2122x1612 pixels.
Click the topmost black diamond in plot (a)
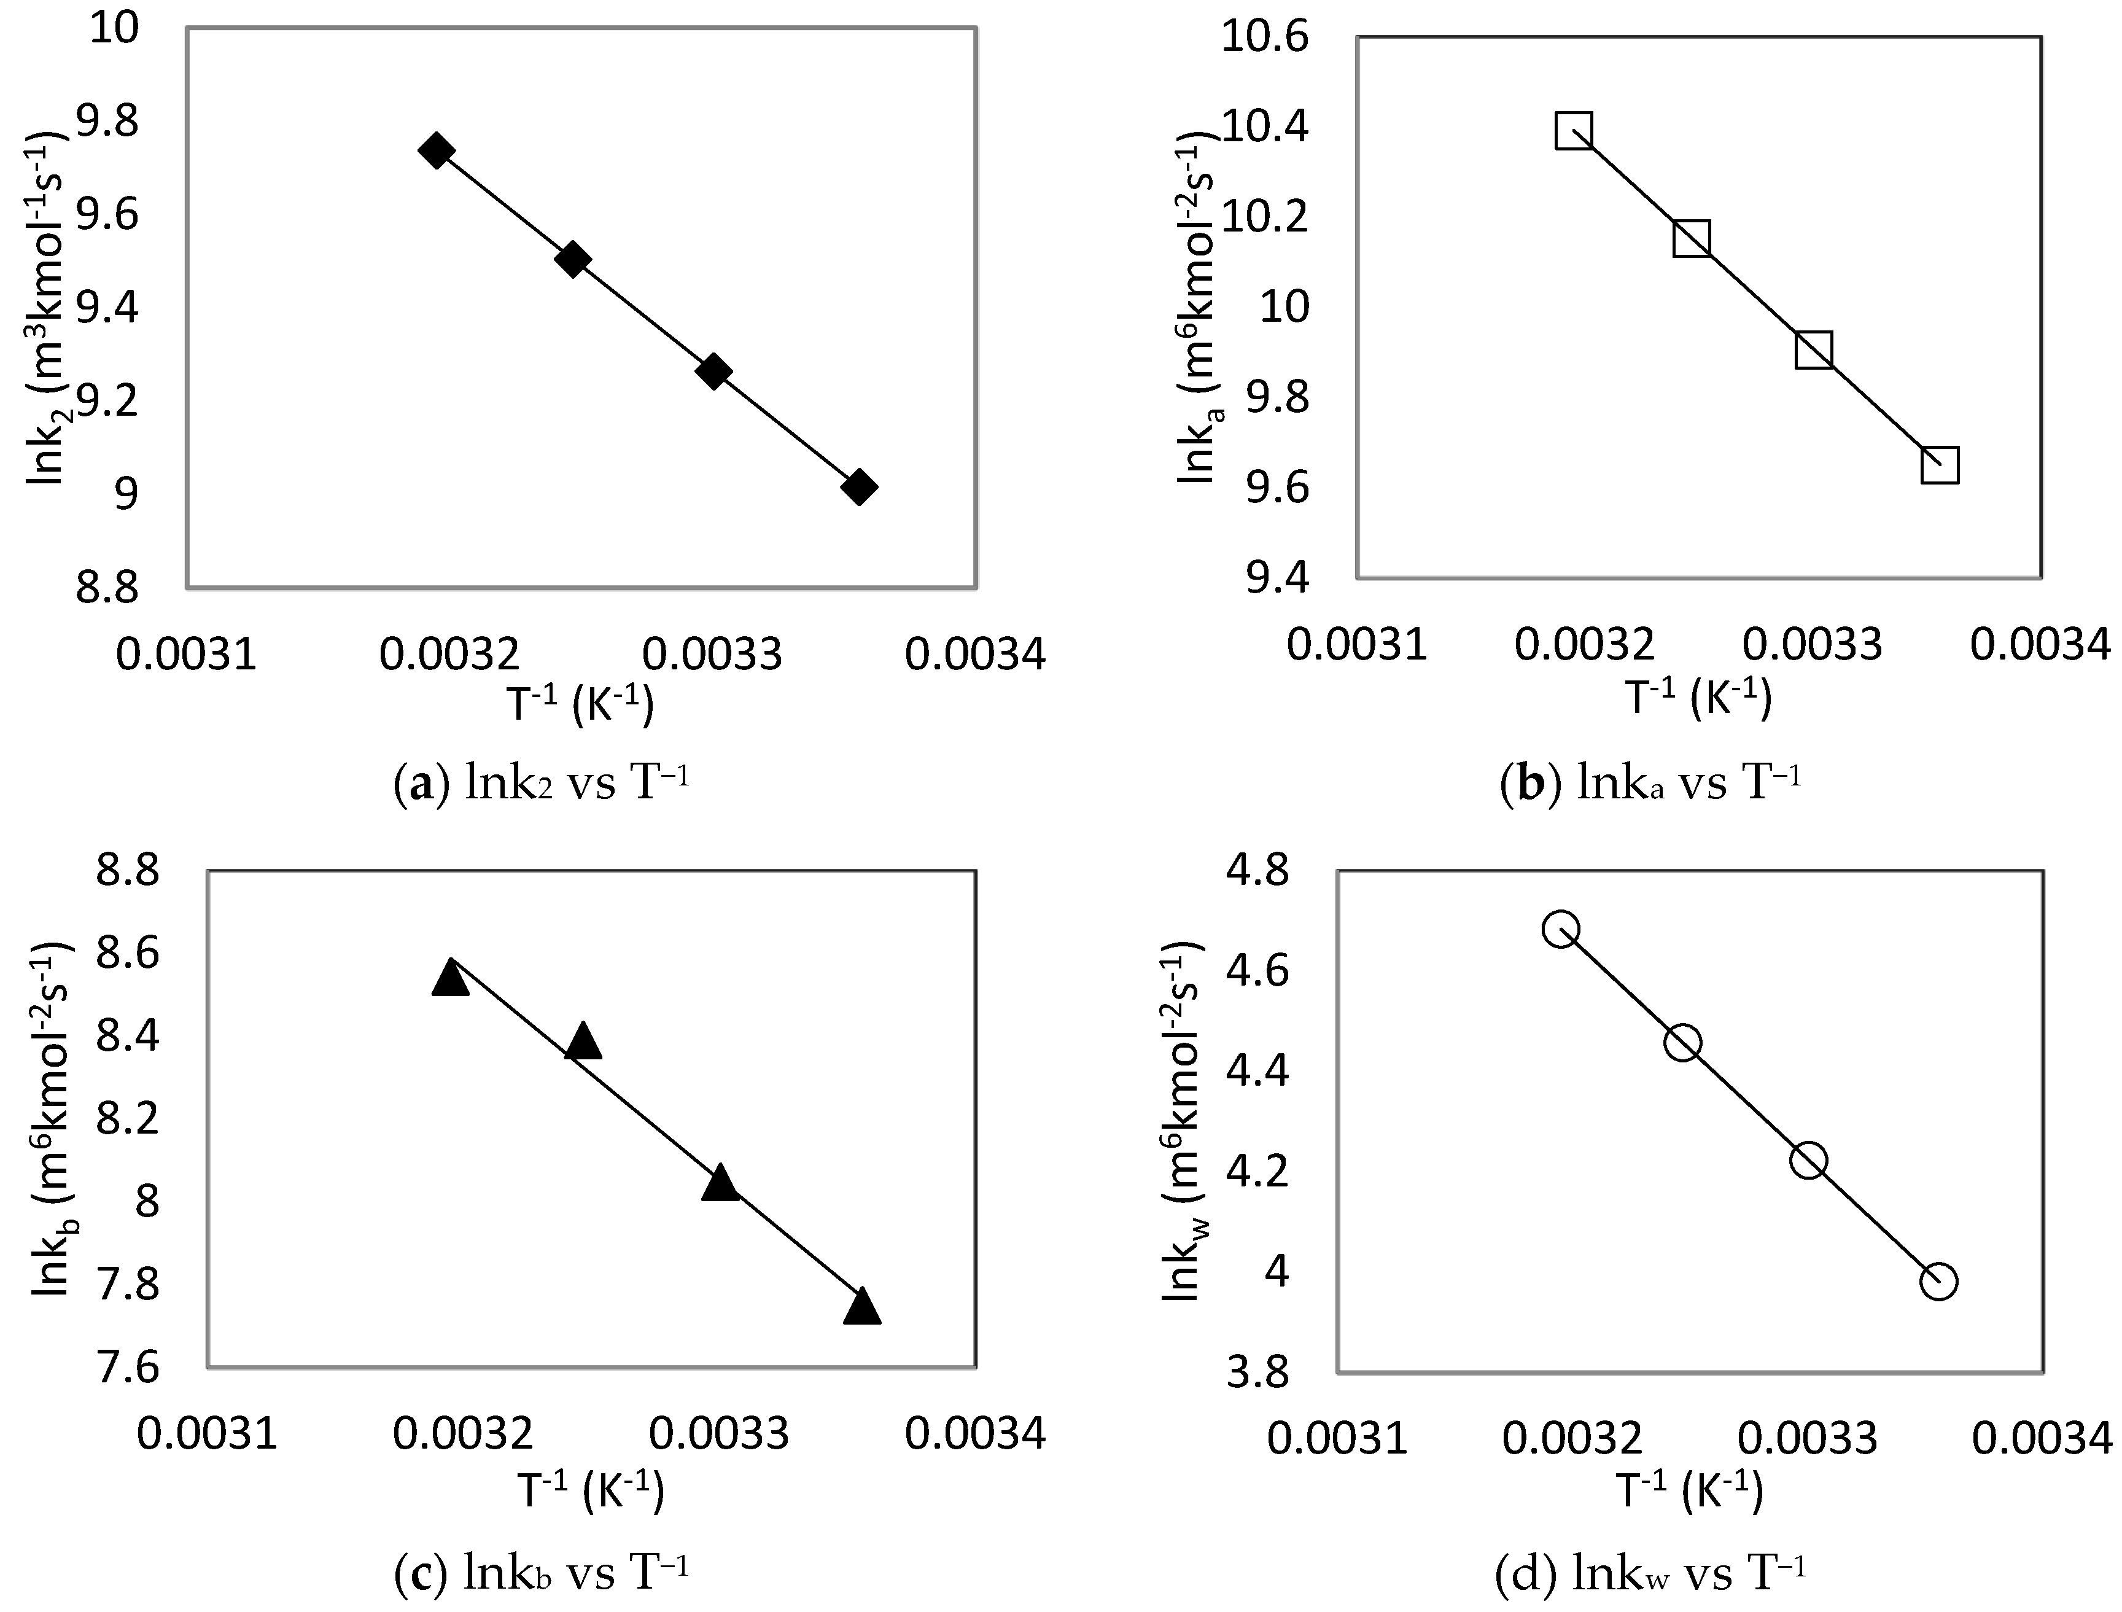coord(437,150)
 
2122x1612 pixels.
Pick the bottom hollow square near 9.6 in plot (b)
coord(1940,466)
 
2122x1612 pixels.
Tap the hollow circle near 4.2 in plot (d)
coord(1808,1162)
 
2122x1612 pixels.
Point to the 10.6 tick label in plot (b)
coord(1264,38)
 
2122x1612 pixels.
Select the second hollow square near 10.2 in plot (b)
coord(1691,238)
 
